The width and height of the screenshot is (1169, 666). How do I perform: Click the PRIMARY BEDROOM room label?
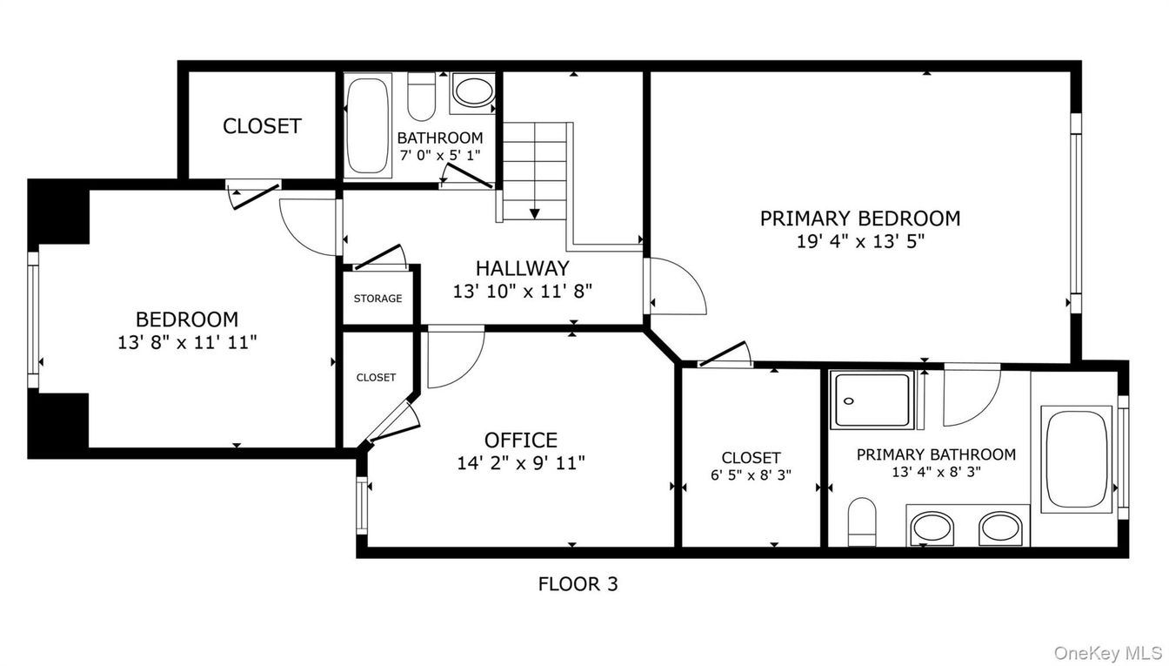tap(859, 219)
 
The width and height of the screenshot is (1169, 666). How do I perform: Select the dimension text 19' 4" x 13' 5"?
tap(859, 242)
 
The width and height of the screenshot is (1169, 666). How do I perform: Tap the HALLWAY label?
tap(522, 268)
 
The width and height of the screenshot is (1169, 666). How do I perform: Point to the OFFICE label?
tap(520, 441)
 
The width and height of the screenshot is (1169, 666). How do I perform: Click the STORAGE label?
tap(377, 299)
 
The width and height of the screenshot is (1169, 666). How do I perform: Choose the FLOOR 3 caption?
tap(578, 584)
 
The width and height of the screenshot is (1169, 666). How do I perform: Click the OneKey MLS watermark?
tap(1107, 652)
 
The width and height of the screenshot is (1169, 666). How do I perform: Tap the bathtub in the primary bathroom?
tap(1076, 459)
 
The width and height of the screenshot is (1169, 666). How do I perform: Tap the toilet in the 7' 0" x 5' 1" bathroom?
tap(422, 96)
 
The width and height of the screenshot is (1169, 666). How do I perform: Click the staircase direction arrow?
tap(534, 212)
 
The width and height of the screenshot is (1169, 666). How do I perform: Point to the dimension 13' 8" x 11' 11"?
tap(187, 343)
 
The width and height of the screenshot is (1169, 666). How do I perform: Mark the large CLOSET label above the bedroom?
tap(262, 126)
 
